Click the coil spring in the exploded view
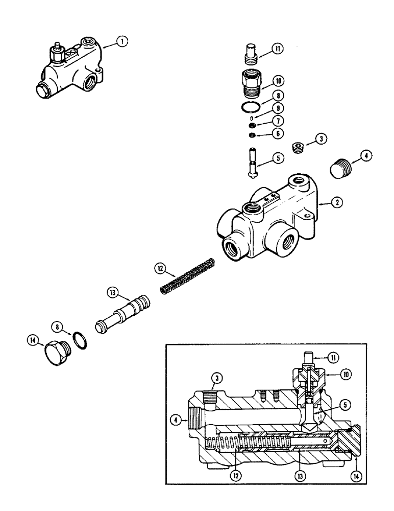click(x=188, y=276)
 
